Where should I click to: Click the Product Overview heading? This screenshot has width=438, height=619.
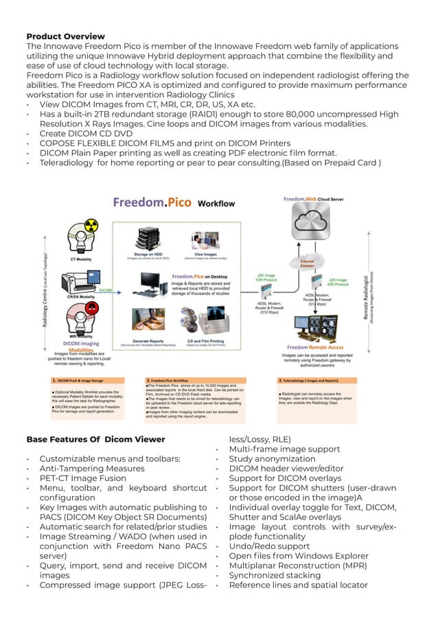point(65,36)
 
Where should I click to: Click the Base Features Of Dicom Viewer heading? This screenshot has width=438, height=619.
point(95,439)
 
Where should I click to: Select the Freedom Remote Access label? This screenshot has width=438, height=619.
point(316,347)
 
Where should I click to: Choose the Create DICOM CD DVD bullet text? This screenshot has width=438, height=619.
point(86,133)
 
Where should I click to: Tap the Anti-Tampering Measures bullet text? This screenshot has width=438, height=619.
point(92,468)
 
